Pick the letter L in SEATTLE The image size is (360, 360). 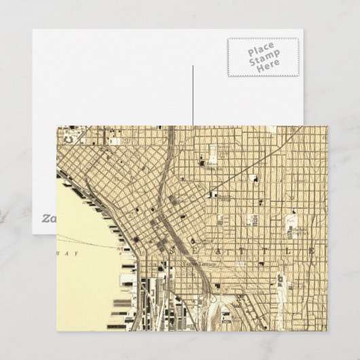291,250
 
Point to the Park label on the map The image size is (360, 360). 291,220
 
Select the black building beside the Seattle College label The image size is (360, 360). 213,195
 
